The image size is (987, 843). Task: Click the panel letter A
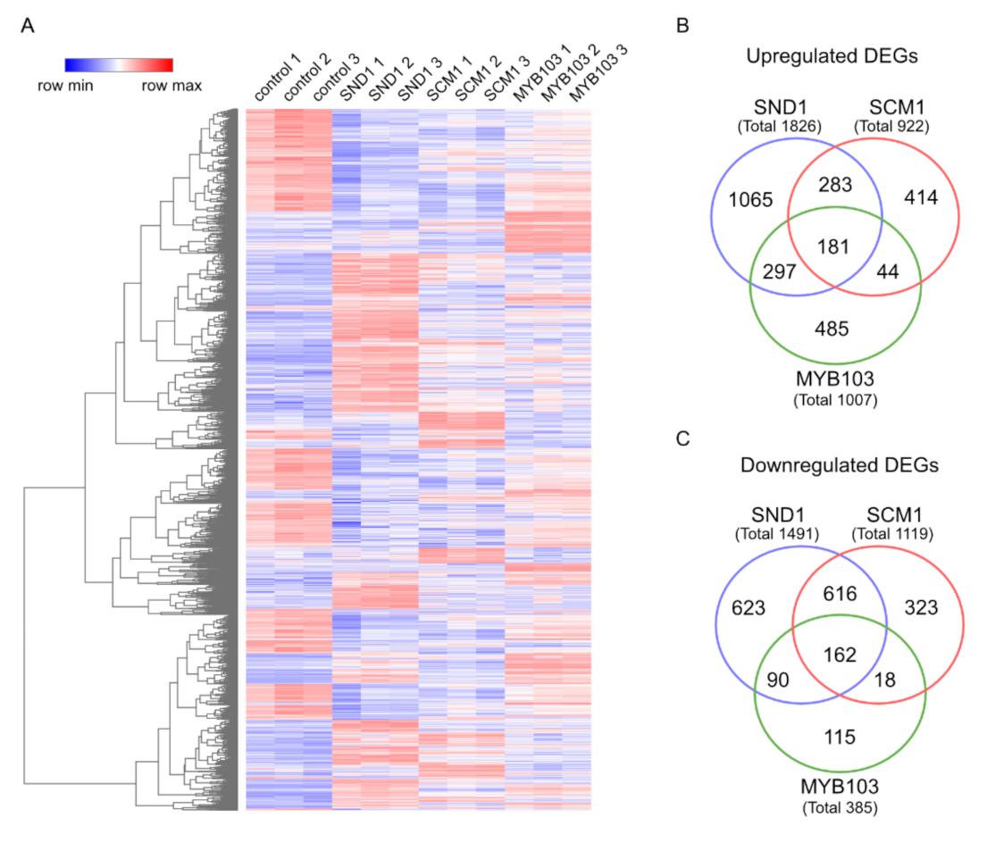pos(28,26)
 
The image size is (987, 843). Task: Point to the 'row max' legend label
pos(171,87)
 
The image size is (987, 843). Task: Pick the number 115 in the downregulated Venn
pos(840,737)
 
